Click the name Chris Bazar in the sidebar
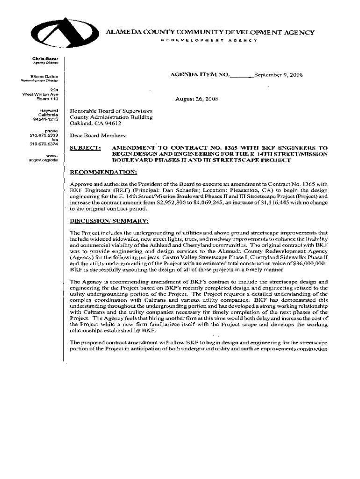pos(45,58)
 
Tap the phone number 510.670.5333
pos(43,135)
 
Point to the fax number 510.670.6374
pos(43,144)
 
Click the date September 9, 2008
pos(275,75)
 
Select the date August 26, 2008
pos(196,100)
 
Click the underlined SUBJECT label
pos(85,148)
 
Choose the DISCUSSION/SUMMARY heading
pos(109,220)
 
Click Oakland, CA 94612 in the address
pos(95,124)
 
